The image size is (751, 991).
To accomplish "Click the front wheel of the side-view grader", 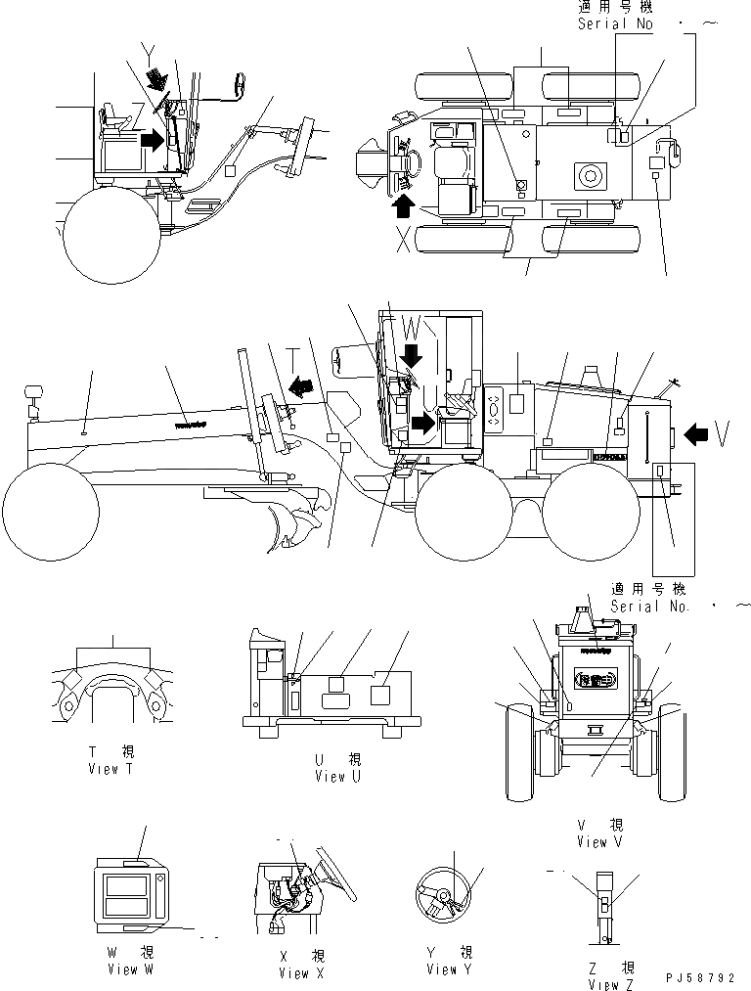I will [x=51, y=510].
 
